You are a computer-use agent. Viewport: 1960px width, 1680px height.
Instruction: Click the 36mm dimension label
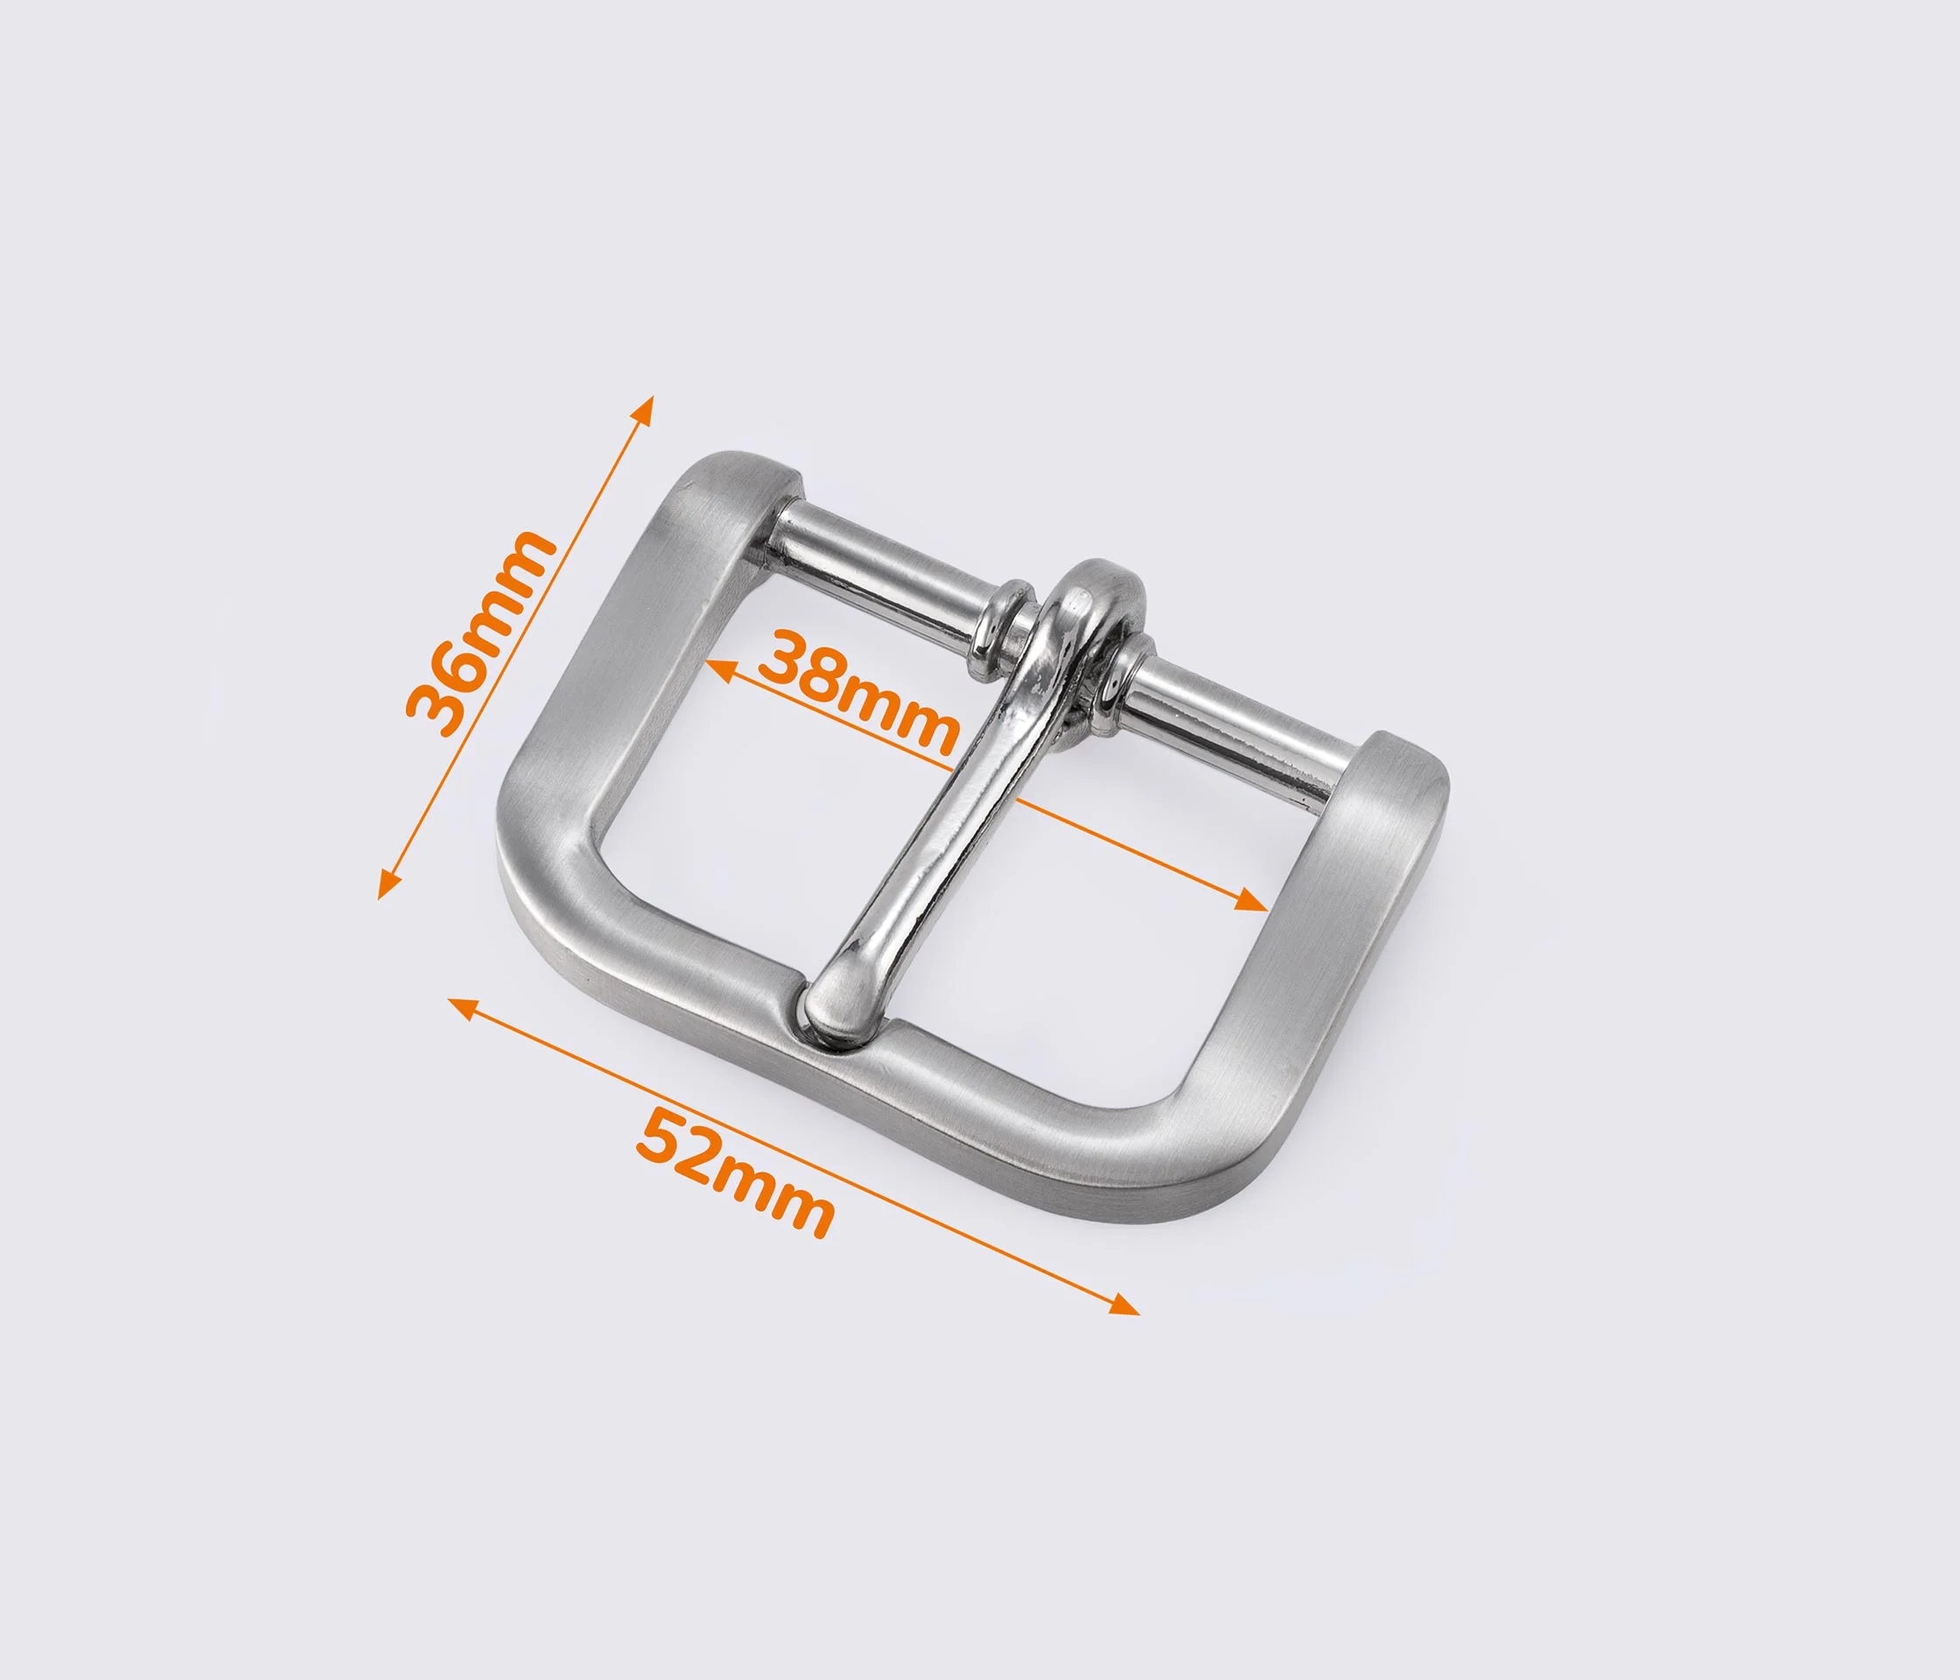tap(479, 633)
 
